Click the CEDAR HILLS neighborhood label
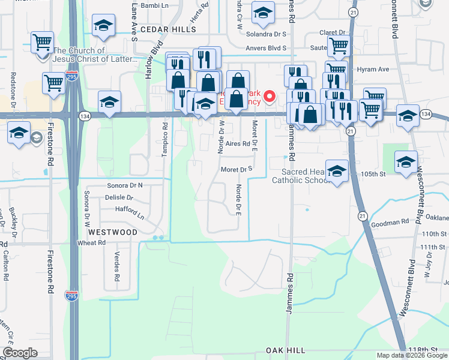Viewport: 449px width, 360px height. [x=168, y=29]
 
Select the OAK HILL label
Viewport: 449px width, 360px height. [x=286, y=350]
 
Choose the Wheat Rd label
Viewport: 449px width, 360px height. [x=91, y=243]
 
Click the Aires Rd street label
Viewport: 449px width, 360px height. [x=238, y=144]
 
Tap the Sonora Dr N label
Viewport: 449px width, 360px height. [x=125, y=185]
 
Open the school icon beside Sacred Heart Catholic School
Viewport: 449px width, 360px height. [x=337, y=170]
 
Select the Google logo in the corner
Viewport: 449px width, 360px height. [x=20, y=353]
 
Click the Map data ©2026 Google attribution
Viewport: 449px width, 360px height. [x=412, y=355]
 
